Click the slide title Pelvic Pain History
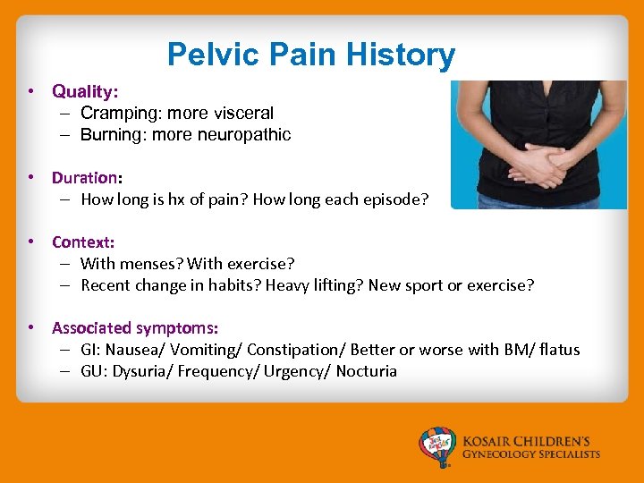point(310,55)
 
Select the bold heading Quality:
point(85,91)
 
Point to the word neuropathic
point(248,135)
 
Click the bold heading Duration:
point(87,178)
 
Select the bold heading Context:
point(83,242)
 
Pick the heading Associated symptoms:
point(135,328)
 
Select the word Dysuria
point(141,371)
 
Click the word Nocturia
point(367,371)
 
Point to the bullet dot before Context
point(30,242)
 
